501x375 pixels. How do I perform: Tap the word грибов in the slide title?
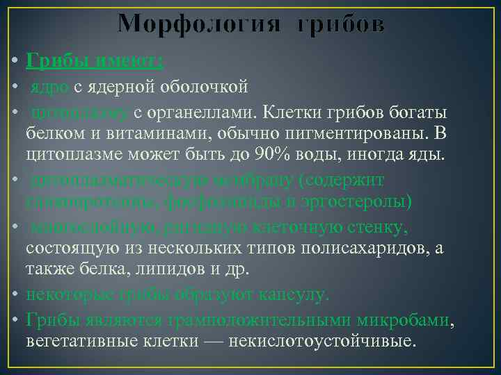tap(340, 24)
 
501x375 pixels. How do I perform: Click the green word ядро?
tap(49, 87)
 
